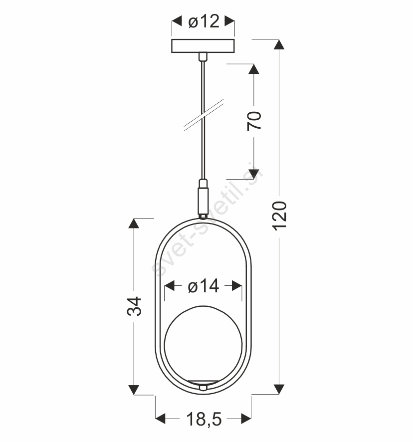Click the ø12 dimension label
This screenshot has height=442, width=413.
(x=204, y=21)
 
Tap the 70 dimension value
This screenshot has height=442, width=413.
(x=254, y=121)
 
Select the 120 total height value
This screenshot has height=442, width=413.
(x=280, y=216)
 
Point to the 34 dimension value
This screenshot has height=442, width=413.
(x=134, y=306)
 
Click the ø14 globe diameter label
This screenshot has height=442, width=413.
(x=204, y=286)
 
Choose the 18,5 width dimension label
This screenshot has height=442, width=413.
(x=204, y=419)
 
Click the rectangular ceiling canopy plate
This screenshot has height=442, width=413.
(x=203, y=46)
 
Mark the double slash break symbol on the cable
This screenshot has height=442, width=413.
(x=204, y=115)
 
